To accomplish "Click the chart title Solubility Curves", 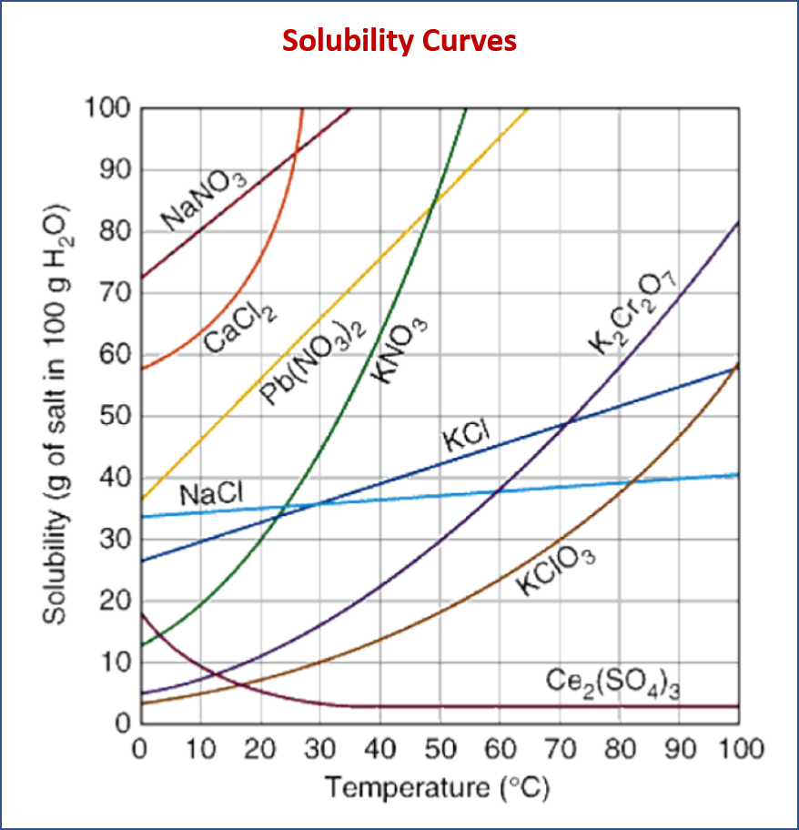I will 399,40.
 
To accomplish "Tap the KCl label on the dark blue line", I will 467,438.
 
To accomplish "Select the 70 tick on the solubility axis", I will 116,293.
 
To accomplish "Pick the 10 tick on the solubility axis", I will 116,663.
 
